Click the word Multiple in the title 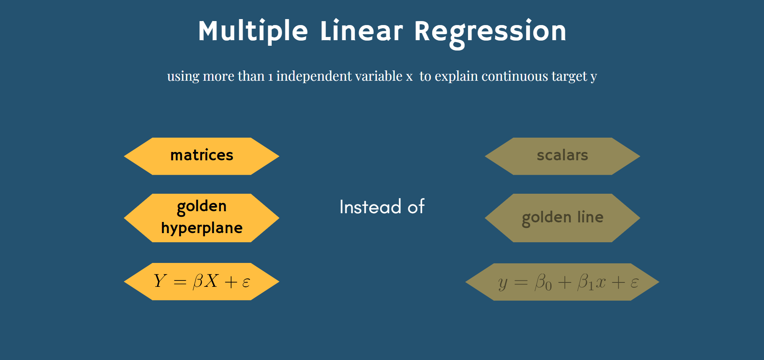click(253, 31)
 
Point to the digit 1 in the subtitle click(271, 77)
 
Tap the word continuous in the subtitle click(515, 76)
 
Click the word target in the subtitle click(569, 76)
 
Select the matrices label click(202, 155)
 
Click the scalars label click(562, 155)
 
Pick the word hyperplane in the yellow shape click(202, 228)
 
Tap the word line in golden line click(591, 217)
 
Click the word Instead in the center click(370, 207)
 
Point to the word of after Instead click(416, 207)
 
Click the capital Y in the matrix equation click(160, 281)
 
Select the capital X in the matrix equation click(211, 281)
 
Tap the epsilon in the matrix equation click(246, 282)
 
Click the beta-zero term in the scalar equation click(543, 282)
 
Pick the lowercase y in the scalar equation click(503, 284)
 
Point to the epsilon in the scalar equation click(634, 283)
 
